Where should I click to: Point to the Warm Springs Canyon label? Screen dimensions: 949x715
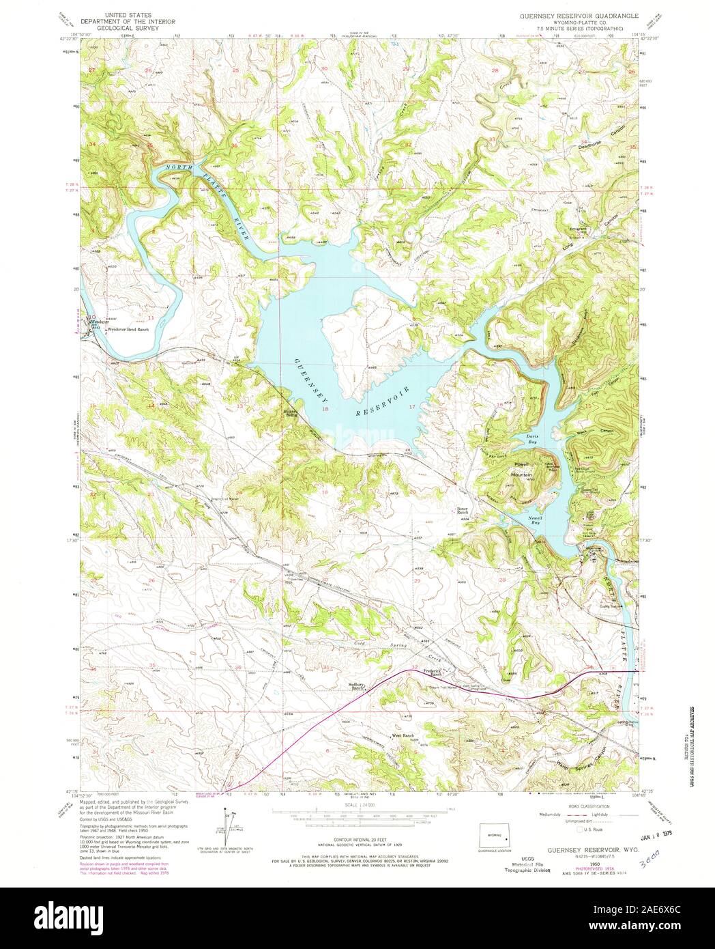point(581,754)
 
